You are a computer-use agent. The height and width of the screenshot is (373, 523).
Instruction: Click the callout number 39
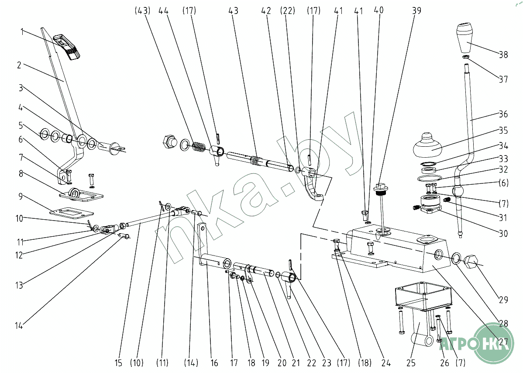(x=416, y=11)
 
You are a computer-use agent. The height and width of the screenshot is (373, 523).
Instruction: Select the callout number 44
(x=164, y=11)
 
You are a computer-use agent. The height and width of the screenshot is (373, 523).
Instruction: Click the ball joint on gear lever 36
(x=458, y=191)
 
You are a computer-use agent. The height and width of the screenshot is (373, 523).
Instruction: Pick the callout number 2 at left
(x=19, y=66)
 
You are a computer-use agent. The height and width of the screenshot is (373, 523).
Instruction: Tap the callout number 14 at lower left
(x=18, y=326)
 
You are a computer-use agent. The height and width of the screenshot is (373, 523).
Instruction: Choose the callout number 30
(x=503, y=234)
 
